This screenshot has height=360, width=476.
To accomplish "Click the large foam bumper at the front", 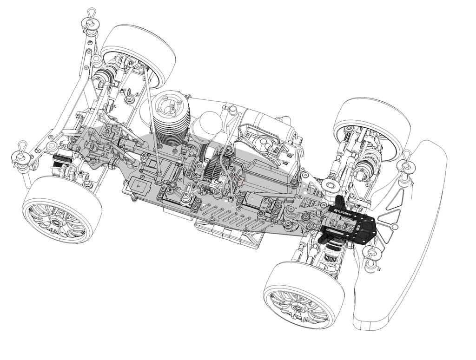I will (418, 242).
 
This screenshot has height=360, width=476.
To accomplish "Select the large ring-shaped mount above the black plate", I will (331, 186).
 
